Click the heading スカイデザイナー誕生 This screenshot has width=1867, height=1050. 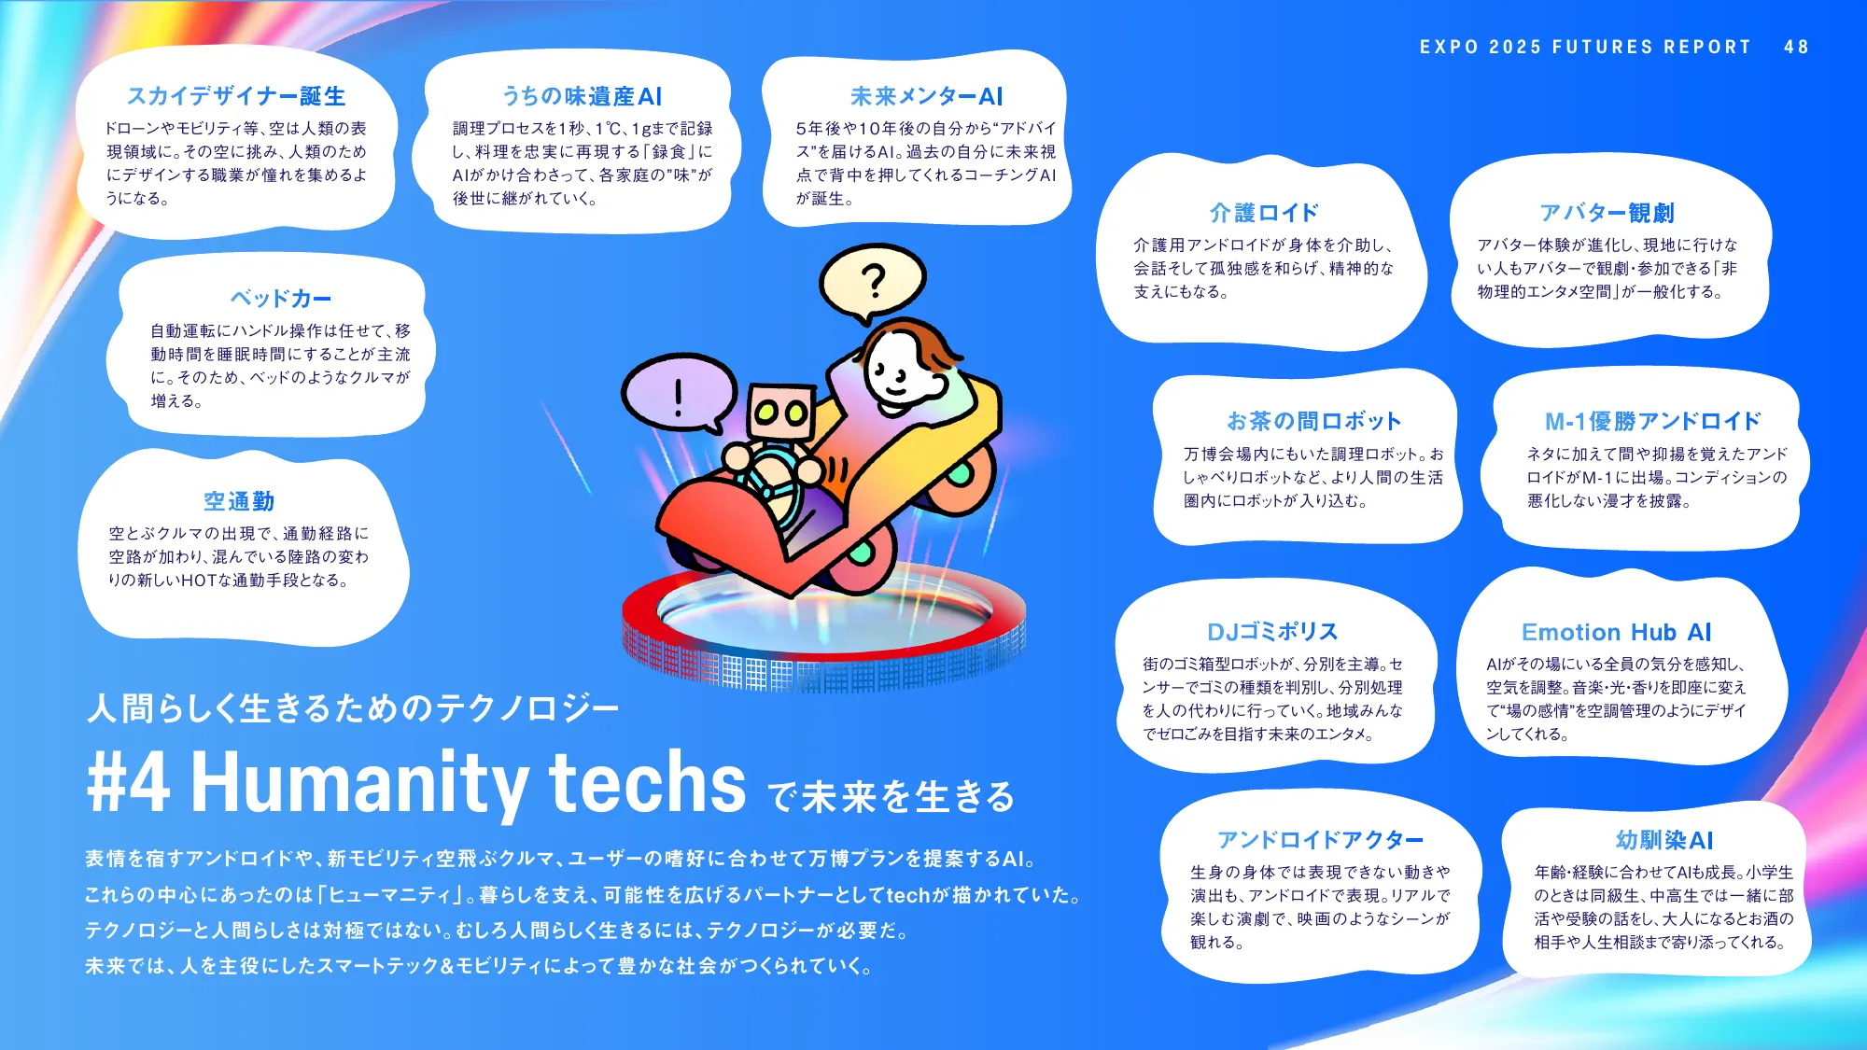coord(236,96)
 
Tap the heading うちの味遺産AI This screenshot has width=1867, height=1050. coord(582,96)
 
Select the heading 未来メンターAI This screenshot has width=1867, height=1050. coord(926,96)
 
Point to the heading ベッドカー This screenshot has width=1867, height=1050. coord(281,299)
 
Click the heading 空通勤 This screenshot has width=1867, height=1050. coord(239,501)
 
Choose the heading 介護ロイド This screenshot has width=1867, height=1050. coord(1264,213)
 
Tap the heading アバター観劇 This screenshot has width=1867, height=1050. coord(1607,213)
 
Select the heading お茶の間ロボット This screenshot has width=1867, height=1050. coord(1313,421)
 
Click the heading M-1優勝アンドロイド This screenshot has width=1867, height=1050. coord(1652,421)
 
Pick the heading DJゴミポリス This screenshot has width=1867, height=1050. coord(1272,632)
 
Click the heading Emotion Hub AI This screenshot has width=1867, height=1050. coord(1616,632)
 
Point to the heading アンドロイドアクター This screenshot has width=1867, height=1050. coord(1320,840)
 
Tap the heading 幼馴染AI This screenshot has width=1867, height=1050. coord(1664,840)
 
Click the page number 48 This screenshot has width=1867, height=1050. coord(1796,47)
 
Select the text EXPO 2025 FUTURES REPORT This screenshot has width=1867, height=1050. coord(1585,47)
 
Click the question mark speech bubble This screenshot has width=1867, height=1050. coord(872,281)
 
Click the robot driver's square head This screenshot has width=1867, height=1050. coord(781,411)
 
